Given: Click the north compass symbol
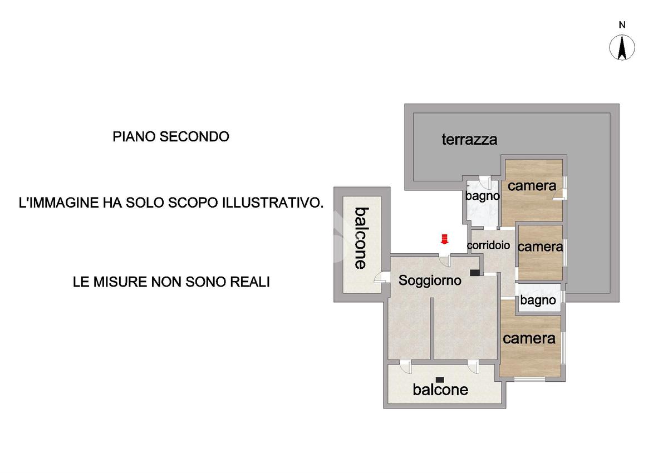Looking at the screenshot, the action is (622, 47).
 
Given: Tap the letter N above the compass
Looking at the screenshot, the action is (622, 24).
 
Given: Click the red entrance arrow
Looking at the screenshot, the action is (444, 239).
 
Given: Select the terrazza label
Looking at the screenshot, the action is (469, 139).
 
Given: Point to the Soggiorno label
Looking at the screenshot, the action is (430, 280).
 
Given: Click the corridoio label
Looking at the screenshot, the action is (489, 245).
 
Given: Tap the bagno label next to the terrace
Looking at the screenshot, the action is (482, 196).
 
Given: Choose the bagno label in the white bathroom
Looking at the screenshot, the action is (538, 300).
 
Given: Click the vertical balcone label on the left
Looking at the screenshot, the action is (361, 238).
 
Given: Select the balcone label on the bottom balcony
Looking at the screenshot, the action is (440, 390).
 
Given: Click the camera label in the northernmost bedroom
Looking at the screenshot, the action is (532, 186).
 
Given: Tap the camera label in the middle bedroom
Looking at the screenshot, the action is (540, 247).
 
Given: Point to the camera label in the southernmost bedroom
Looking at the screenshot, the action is (529, 338).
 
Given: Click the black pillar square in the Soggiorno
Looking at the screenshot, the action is (474, 273).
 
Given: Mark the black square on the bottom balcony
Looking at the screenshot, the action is (440, 380).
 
